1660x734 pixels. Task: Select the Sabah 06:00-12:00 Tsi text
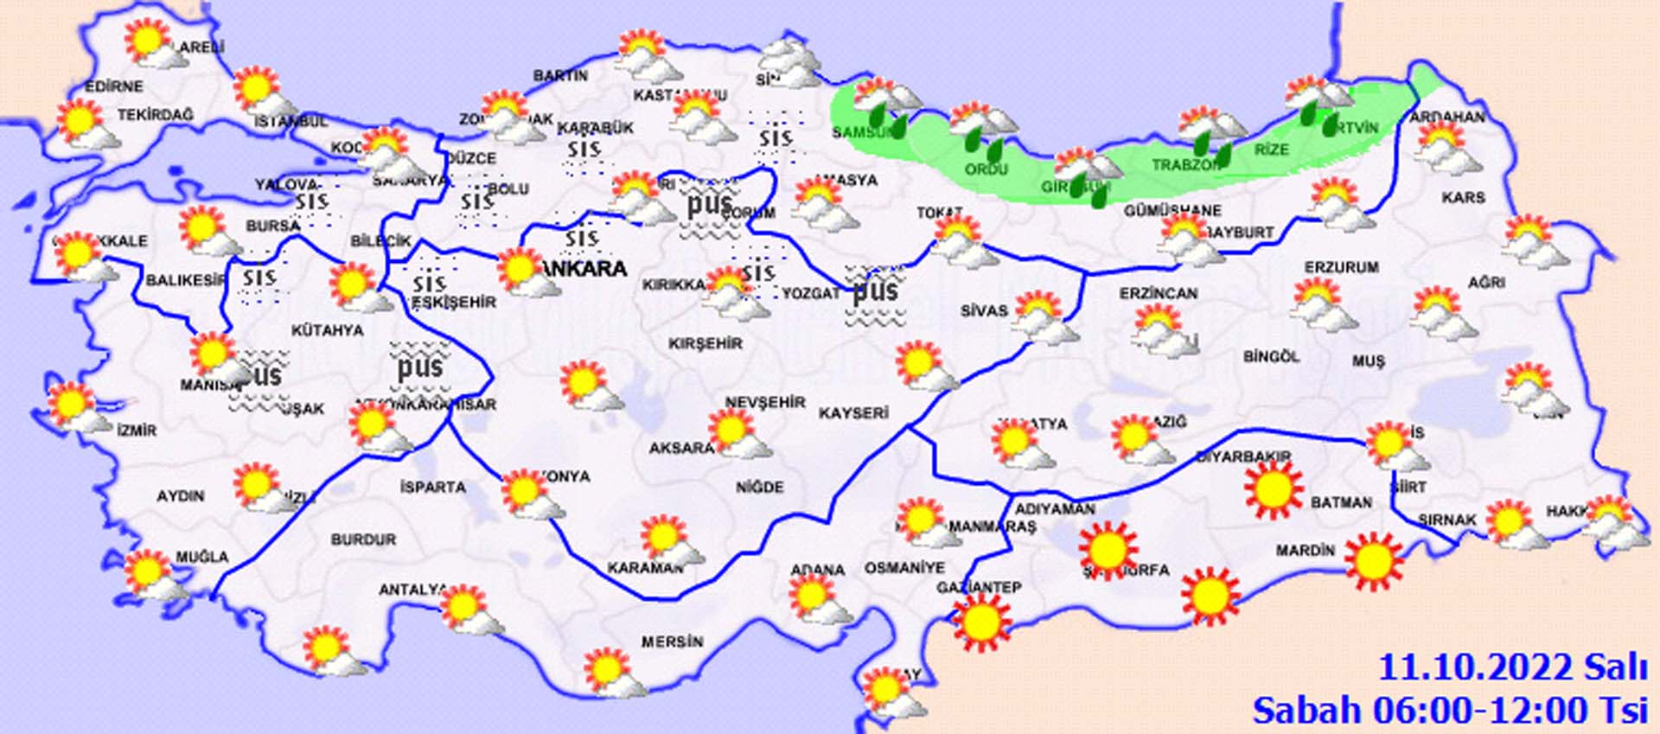[1454, 710]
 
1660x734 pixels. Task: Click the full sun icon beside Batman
[1273, 490]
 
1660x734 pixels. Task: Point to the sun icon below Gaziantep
[981, 621]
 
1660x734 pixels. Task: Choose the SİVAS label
[984, 310]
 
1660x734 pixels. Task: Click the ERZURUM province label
[1341, 268]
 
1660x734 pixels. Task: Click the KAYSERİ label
[853, 413]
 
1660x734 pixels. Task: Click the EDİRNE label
[113, 86]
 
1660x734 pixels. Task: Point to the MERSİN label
[672, 641]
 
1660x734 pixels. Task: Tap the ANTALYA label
[412, 590]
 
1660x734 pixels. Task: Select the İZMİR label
[137, 430]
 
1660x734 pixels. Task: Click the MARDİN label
[1305, 550]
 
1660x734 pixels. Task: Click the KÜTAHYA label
[327, 330]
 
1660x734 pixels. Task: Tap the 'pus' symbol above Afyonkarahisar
[419, 366]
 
